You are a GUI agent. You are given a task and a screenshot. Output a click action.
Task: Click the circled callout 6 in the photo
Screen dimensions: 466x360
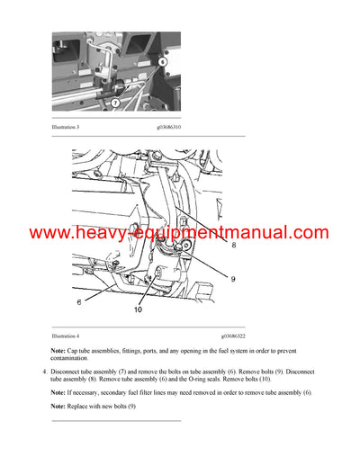[x=162, y=62]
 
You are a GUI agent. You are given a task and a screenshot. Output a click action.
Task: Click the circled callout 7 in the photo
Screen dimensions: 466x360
[x=115, y=103]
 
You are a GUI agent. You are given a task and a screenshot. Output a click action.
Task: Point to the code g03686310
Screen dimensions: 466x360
[x=175, y=127]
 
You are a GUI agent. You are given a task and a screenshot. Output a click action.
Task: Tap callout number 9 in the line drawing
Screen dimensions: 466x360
[x=233, y=279]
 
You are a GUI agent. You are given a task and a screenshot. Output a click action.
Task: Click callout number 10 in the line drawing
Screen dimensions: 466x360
[x=138, y=312]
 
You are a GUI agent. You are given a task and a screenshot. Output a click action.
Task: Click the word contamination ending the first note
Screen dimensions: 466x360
[x=74, y=361]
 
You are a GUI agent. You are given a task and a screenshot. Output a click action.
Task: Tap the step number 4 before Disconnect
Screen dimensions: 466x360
[x=43, y=372]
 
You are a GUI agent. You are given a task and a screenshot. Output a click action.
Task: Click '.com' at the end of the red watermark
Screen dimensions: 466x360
[x=311, y=233]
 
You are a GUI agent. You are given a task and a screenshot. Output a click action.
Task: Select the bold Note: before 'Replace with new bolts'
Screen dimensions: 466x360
[x=58, y=409]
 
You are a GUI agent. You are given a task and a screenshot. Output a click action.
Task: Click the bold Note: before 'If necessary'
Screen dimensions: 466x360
[x=58, y=393]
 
